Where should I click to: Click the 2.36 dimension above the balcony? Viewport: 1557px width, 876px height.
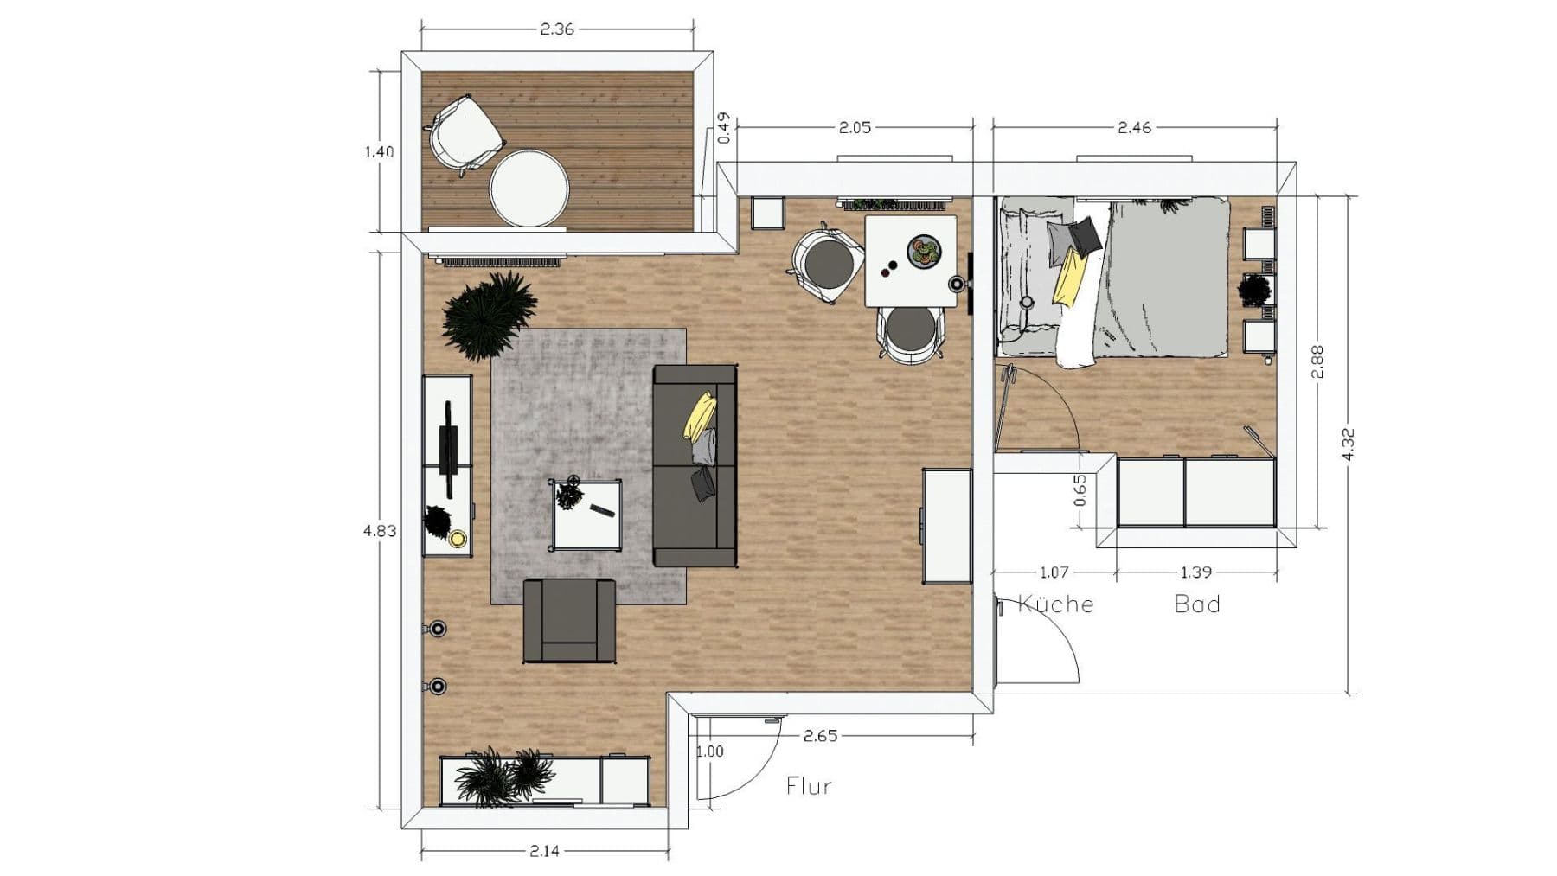(x=556, y=29)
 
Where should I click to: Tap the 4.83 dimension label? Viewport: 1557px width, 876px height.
(x=380, y=530)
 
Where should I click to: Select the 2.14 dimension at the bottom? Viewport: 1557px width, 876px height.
(x=544, y=851)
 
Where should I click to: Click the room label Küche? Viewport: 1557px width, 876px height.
(x=1056, y=604)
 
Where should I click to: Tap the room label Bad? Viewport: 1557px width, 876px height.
(x=1197, y=604)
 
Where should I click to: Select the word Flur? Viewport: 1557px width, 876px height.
(x=809, y=786)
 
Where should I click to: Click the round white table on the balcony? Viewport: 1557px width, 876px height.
(x=529, y=189)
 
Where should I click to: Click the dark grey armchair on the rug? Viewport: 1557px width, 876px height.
(x=569, y=620)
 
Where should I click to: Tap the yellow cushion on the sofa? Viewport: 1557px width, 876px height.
(x=700, y=416)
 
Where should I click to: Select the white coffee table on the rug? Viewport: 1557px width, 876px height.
(x=586, y=515)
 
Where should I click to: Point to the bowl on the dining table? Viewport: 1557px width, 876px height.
(x=922, y=252)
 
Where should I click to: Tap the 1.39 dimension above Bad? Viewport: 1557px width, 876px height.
(x=1195, y=572)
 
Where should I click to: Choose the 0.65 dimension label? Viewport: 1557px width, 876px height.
(x=1080, y=490)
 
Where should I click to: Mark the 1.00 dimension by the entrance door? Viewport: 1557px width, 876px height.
(x=709, y=751)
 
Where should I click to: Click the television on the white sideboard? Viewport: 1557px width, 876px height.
(x=449, y=450)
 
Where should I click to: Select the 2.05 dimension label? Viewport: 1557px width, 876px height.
(x=855, y=127)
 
